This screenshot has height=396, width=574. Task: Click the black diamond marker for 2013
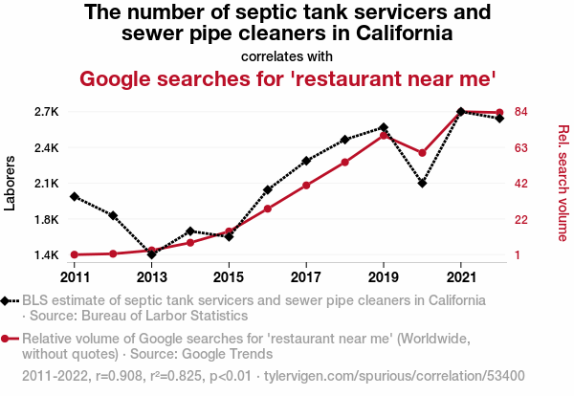(x=151, y=254)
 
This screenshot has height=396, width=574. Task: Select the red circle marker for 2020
(x=422, y=153)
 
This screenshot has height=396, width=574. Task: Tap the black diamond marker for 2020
(x=422, y=183)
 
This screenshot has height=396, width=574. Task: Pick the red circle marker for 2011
(x=75, y=254)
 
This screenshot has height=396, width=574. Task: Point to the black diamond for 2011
(x=75, y=196)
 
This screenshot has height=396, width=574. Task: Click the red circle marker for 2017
(x=306, y=186)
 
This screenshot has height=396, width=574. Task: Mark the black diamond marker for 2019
(x=384, y=127)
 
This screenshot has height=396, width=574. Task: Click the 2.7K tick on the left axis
(x=47, y=112)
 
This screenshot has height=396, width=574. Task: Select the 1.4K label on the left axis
(x=47, y=255)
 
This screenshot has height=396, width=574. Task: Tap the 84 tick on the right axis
(x=521, y=112)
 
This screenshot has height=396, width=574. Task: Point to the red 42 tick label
(x=521, y=184)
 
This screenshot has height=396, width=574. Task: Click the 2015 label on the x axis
(x=229, y=277)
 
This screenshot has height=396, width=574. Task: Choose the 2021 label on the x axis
(x=461, y=277)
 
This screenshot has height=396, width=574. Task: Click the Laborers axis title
(x=10, y=184)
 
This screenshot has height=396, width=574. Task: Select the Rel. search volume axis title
(x=563, y=183)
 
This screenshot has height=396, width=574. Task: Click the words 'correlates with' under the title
(x=287, y=56)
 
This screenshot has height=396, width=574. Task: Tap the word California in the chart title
(x=405, y=33)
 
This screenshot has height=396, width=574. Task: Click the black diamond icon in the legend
(x=5, y=301)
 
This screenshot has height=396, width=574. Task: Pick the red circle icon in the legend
(x=5, y=339)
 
